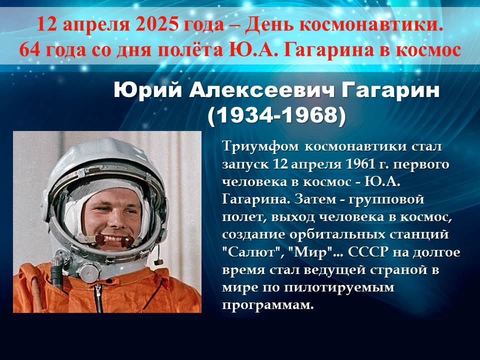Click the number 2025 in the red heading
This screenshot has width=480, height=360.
point(156,24)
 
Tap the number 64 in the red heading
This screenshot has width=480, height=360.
point(29,50)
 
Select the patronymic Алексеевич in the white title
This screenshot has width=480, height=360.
point(261,90)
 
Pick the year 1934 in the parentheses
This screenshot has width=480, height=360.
point(244,115)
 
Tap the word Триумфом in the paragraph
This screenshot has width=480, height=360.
point(260,146)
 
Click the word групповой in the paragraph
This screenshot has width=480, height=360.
point(386,200)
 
